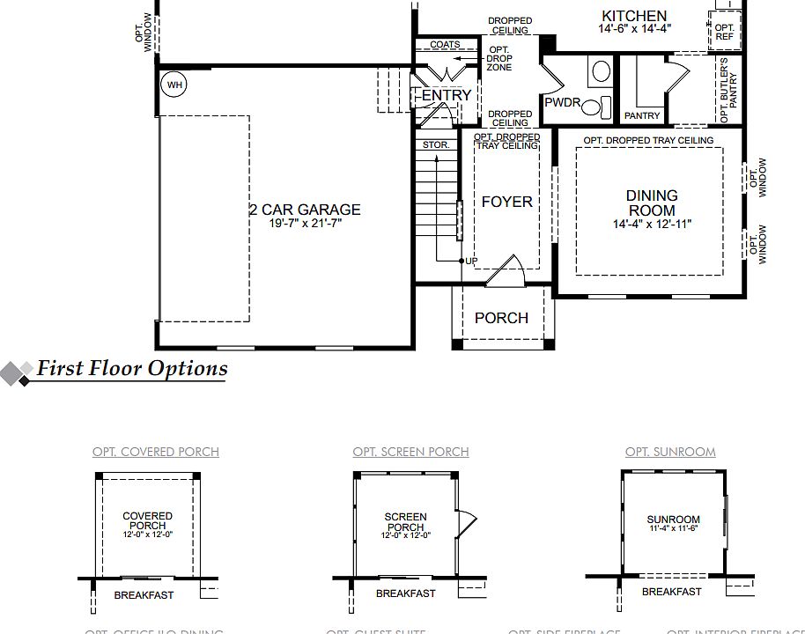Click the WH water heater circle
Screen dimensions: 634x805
click(x=175, y=85)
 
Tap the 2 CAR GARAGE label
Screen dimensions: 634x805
click(x=304, y=210)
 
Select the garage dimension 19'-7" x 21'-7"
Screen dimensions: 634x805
click(x=304, y=224)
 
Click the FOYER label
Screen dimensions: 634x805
click(x=506, y=202)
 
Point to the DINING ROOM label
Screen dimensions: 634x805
click(x=652, y=203)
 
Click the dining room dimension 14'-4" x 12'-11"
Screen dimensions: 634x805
click(x=652, y=224)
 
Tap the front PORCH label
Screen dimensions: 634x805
click(x=501, y=318)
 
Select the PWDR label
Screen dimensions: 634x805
click(x=563, y=103)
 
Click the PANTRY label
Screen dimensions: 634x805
click(x=641, y=116)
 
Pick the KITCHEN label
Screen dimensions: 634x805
click(x=634, y=16)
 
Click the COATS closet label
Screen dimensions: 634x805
click(x=445, y=45)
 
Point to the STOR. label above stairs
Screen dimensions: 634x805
click(x=436, y=144)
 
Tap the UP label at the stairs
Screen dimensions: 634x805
click(x=471, y=262)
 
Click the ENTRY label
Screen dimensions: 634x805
click(x=447, y=95)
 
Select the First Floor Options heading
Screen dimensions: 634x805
click(x=131, y=368)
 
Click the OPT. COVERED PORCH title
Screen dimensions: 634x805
click(x=156, y=452)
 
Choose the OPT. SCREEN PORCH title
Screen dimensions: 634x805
click(x=410, y=452)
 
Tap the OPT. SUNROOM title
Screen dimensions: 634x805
click(x=670, y=452)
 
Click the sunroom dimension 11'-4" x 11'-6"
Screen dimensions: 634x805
click(x=673, y=529)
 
